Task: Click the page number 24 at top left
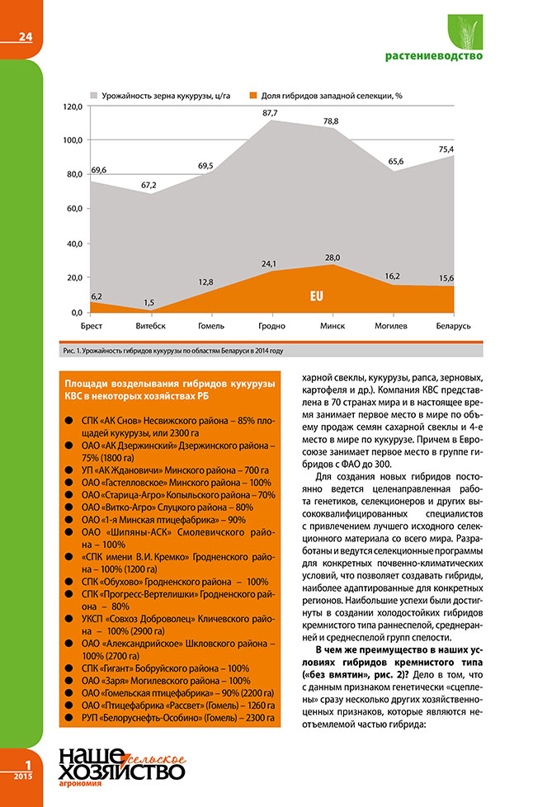tap(25, 37)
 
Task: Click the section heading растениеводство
tap(434, 57)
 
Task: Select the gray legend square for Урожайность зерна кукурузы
tap(94, 96)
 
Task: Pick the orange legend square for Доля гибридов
tap(254, 96)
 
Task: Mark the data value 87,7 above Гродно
tap(270, 112)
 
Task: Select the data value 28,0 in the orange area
tap(332, 257)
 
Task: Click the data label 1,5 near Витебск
tap(149, 303)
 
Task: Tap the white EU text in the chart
tap(316, 295)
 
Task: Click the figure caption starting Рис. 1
tap(172, 351)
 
